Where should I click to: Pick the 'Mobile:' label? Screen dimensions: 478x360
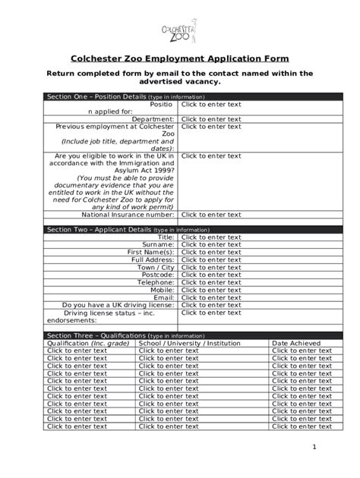160,290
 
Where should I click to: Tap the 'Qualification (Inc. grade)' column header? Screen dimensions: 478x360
87,343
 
